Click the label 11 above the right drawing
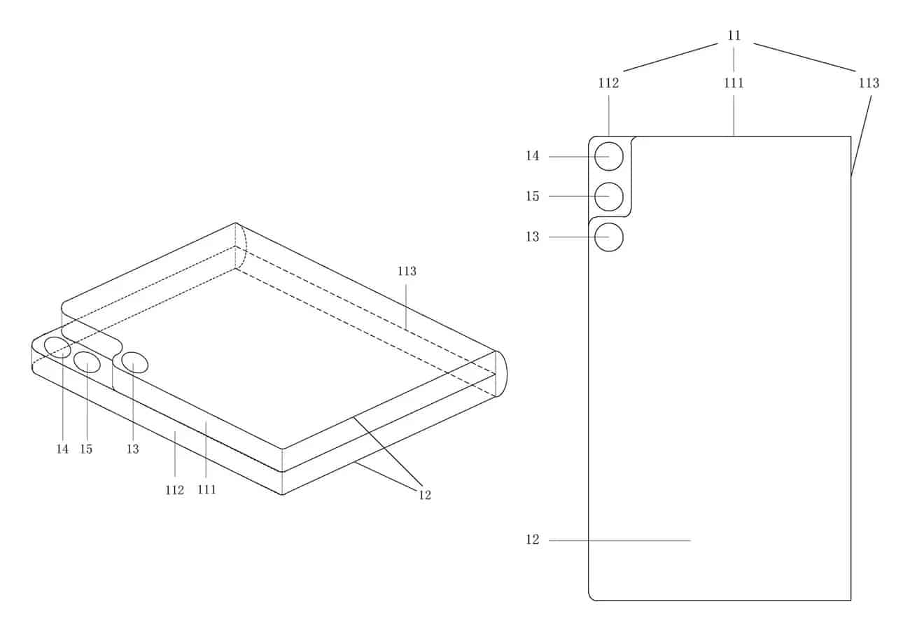[x=734, y=35]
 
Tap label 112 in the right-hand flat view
[x=608, y=83]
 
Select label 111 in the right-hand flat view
[x=734, y=83]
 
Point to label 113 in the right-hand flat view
[x=869, y=83]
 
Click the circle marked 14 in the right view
[x=609, y=156]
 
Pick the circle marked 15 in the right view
[x=609, y=197]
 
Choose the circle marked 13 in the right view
[x=609, y=237]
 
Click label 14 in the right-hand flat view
[x=533, y=156]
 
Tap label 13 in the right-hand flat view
[x=533, y=237]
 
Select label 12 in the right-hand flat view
[x=533, y=540]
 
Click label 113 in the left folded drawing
[x=407, y=272]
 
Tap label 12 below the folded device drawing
[x=425, y=495]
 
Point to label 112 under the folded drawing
[x=174, y=490]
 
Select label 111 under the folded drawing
[x=206, y=490]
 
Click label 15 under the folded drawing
[x=86, y=449]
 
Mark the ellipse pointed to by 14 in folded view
[x=57, y=346]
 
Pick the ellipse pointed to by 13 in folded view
[x=134, y=363]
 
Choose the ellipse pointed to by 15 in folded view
[x=87, y=362]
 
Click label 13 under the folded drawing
[x=132, y=449]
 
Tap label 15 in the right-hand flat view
[x=533, y=197]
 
